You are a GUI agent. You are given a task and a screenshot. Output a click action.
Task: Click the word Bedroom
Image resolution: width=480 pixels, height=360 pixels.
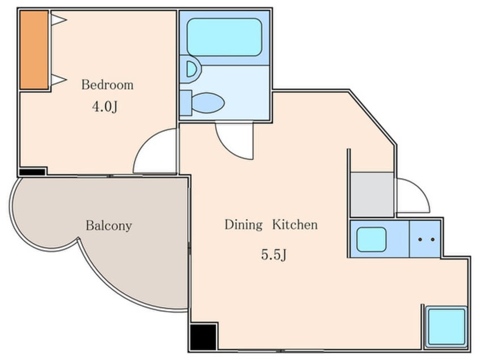107,85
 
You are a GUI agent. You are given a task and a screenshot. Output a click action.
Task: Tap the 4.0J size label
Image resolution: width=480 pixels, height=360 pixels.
105,107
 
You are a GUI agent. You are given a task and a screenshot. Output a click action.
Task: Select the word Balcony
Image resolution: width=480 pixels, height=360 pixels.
109,226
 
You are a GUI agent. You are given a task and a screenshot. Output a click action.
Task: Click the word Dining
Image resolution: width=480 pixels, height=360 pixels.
243,225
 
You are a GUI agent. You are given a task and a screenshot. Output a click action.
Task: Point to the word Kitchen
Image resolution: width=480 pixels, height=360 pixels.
295,225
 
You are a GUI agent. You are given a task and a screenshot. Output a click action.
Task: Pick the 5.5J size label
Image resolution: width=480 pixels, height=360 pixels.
273,254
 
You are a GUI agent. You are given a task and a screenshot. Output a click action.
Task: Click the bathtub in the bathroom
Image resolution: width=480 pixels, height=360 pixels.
224,37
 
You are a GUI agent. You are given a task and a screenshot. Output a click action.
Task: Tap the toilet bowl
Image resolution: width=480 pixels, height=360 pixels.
208,103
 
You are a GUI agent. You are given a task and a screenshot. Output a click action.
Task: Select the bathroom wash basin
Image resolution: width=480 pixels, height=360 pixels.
191,69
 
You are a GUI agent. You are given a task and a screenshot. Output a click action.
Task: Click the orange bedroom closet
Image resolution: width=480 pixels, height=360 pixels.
34,50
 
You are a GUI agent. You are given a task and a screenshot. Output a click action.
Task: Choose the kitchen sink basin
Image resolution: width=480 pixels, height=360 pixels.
371,240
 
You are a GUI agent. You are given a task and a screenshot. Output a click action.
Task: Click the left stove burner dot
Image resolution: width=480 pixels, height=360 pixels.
420,240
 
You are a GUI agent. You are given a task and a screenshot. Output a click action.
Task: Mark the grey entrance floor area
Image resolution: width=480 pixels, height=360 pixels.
372,195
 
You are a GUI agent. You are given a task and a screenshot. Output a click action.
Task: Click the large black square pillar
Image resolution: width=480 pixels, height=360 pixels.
203,337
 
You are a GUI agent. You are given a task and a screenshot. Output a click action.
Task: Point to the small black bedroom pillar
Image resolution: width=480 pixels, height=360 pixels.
32,172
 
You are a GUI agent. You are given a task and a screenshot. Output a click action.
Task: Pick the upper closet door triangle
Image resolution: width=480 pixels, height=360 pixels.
59,20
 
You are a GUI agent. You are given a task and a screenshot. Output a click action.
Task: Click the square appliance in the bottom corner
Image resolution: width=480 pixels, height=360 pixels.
447,326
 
